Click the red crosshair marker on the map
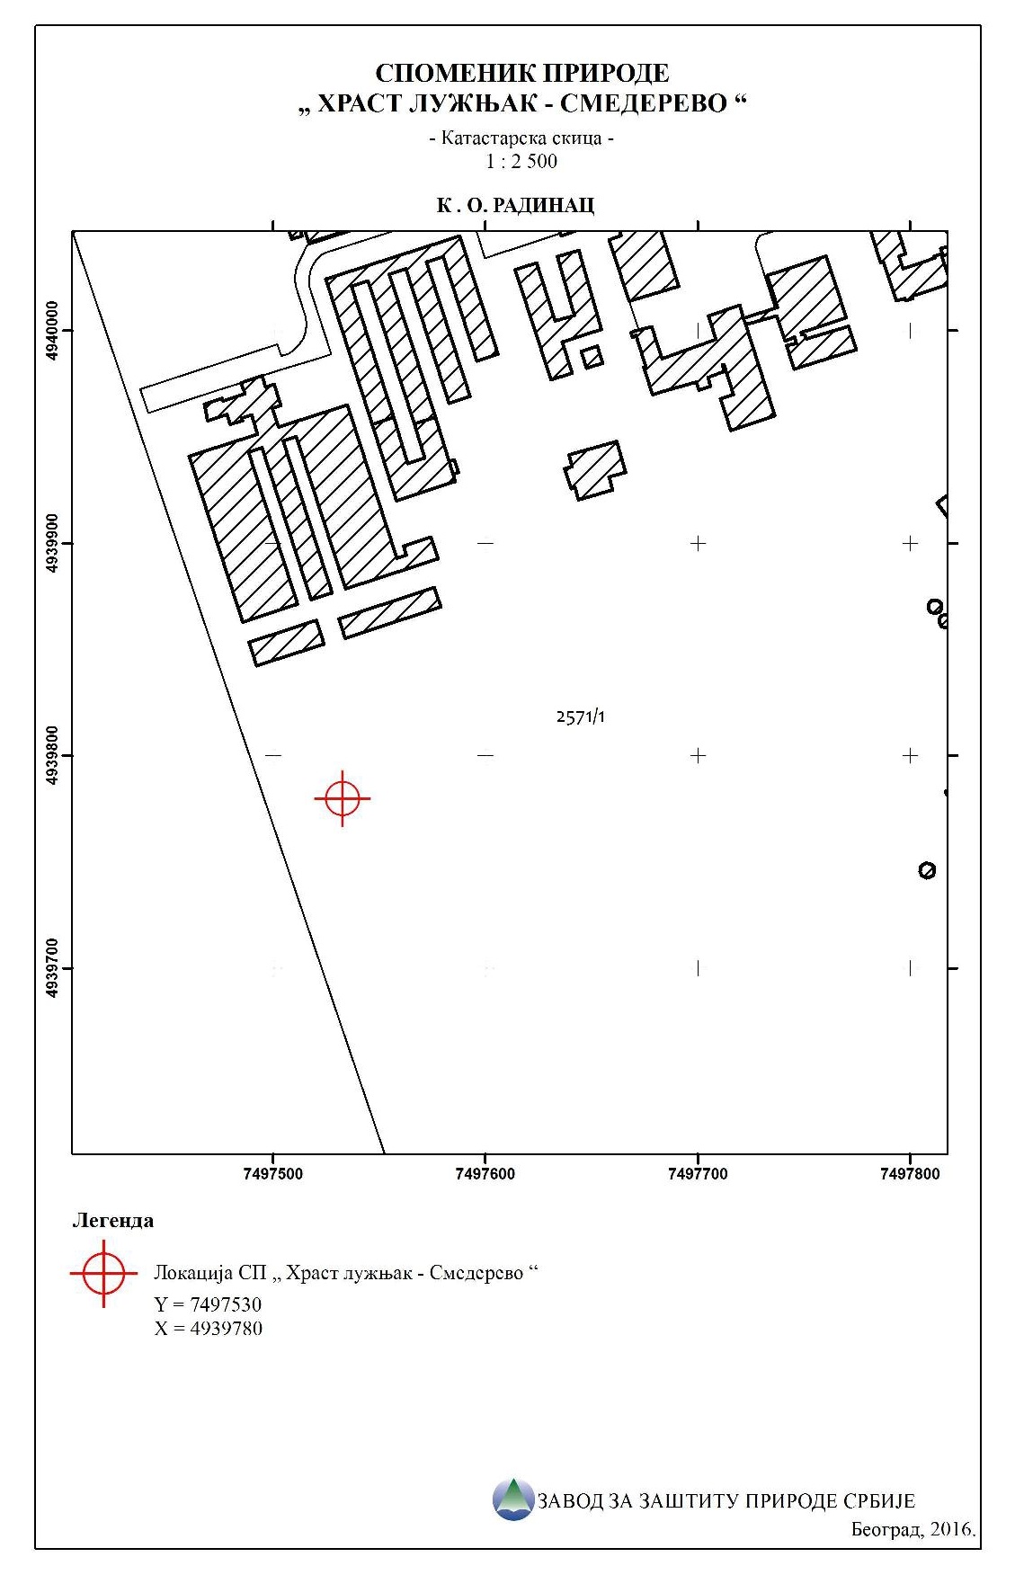click(343, 798)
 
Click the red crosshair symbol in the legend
click(103, 1273)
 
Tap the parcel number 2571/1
click(581, 716)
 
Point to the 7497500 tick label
click(273, 1173)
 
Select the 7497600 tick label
click(485, 1173)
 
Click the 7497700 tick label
click(698, 1173)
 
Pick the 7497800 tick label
click(910, 1173)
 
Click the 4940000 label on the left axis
click(52, 331)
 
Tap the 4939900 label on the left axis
click(52, 543)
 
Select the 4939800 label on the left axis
click(52, 755)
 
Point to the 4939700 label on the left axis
click(52, 968)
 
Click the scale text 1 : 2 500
click(521, 162)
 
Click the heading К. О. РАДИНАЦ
click(515, 206)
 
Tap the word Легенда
click(112, 1221)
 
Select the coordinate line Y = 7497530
click(208, 1304)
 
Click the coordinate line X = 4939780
click(209, 1329)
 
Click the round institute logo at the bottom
click(513, 1499)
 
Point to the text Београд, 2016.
click(913, 1529)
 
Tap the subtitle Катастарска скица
click(521, 138)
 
